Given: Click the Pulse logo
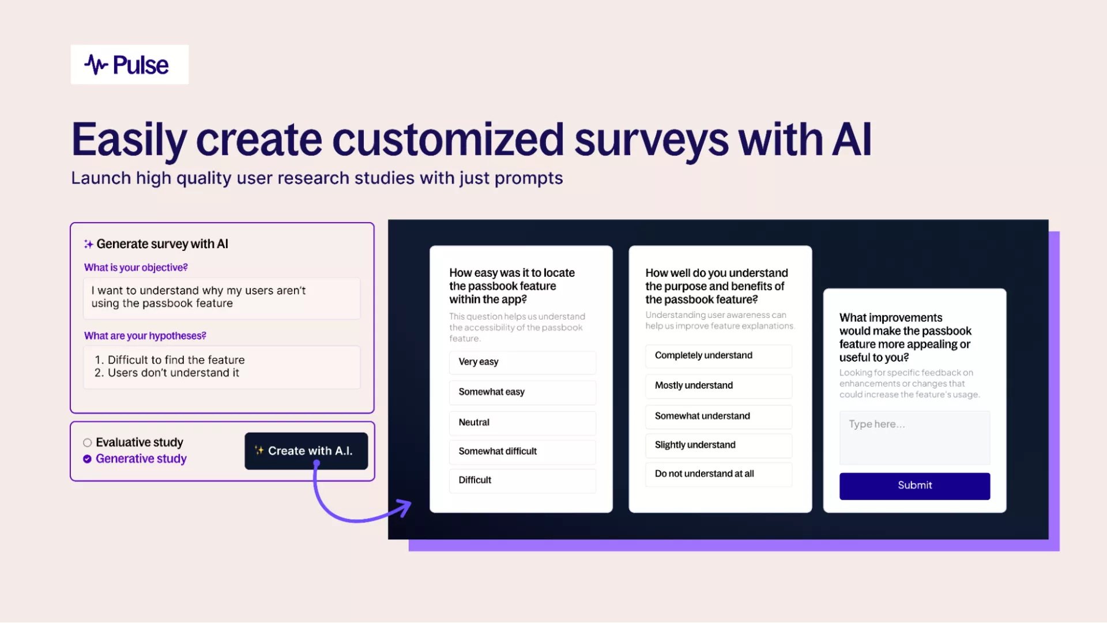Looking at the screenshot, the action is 127,65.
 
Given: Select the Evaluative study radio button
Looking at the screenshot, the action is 88,443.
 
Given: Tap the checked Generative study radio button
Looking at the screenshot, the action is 88,459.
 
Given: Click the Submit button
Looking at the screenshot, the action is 914,486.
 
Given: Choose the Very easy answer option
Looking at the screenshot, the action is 522,362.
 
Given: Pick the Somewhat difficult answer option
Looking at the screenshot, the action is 522,452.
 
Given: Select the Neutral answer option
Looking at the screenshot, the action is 522,423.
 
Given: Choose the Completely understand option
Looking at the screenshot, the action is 718,356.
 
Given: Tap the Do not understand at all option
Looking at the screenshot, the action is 718,474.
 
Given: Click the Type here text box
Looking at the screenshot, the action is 914,437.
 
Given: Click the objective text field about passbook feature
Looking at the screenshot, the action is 221,298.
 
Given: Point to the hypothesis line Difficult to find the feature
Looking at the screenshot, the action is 170,360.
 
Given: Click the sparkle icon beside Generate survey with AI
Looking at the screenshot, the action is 89,245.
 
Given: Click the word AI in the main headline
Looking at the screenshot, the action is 851,140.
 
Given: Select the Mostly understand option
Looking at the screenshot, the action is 718,386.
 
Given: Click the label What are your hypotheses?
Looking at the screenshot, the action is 145,336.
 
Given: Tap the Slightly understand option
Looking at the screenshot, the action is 718,445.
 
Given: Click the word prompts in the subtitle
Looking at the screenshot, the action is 529,179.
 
